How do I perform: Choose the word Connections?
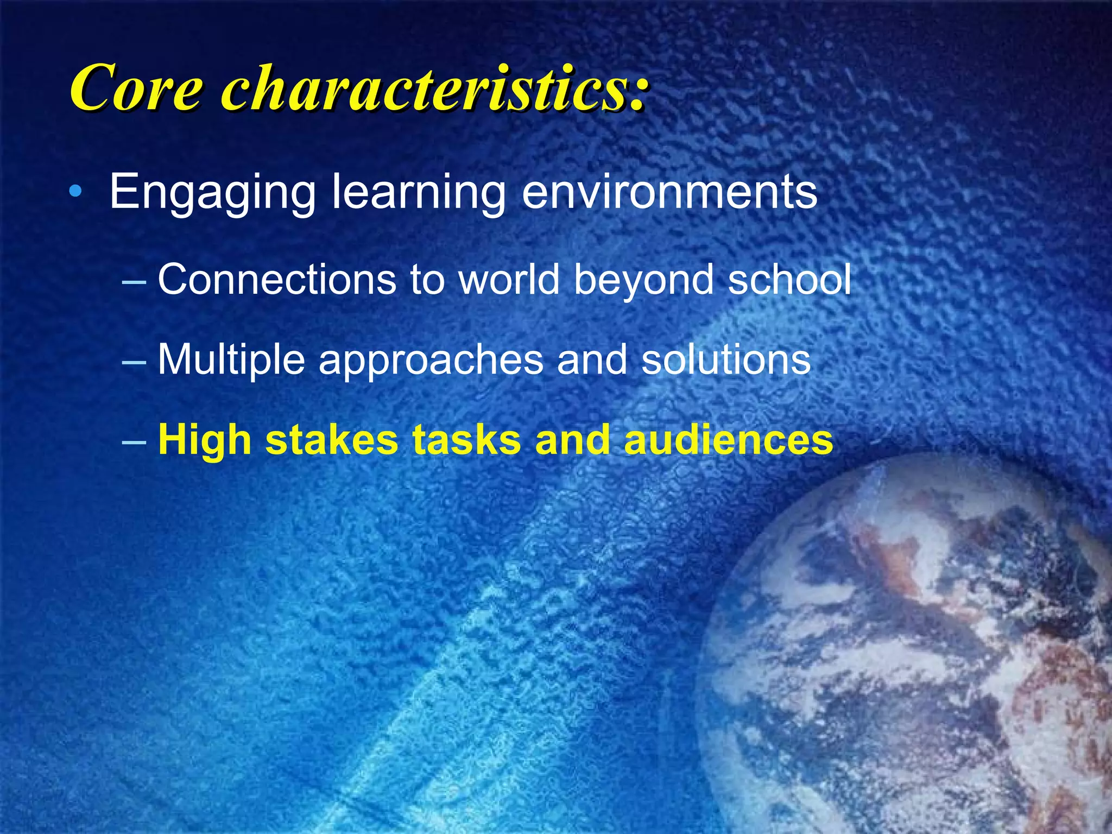point(277,279)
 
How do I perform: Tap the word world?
point(509,279)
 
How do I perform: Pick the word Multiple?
point(231,361)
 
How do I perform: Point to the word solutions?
point(726,359)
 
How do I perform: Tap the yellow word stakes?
point(332,439)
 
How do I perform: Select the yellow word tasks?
point(467,439)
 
